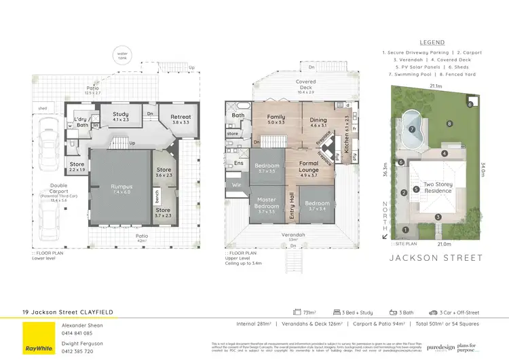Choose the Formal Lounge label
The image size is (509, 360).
pos(309,166)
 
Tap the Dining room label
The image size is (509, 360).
pos(318,122)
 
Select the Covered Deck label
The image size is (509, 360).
pos(305,84)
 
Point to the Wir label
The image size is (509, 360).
pos(238,185)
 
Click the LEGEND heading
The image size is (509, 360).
pos(432,42)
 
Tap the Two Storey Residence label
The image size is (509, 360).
pos(438,187)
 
